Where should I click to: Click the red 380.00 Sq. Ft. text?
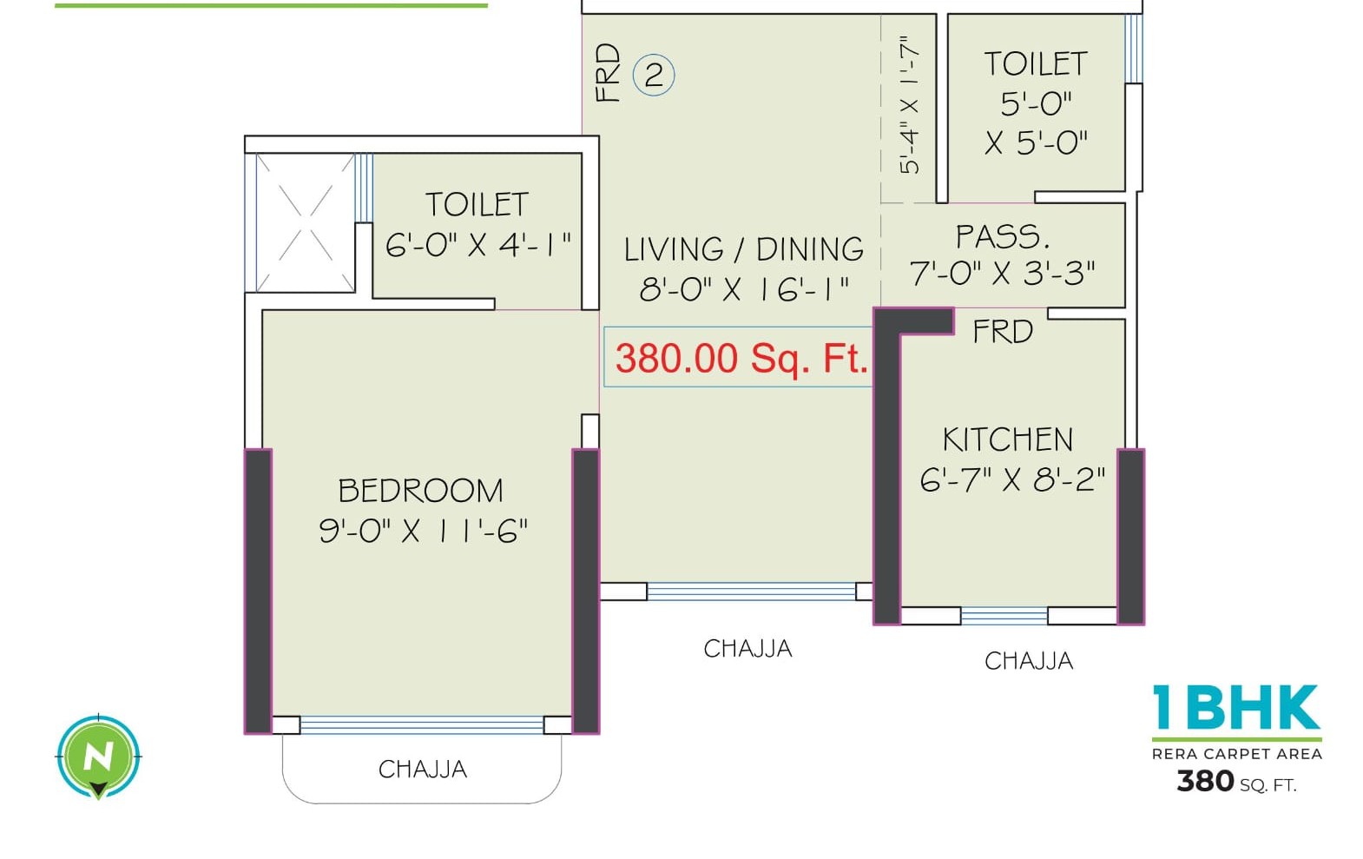point(741,358)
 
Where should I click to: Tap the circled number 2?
point(654,75)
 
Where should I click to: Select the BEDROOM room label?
point(420,491)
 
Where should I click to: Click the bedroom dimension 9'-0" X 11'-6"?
point(423,530)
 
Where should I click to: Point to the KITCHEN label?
point(1008,439)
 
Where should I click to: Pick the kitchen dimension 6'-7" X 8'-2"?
point(1012,479)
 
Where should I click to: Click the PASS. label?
point(1003,236)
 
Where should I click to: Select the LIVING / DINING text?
point(744,249)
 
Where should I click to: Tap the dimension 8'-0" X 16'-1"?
point(744,288)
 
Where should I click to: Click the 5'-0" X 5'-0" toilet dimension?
point(1036,122)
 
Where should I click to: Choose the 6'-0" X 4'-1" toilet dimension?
point(477,244)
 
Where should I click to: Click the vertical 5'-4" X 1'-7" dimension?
point(909,105)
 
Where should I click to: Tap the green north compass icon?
point(98,757)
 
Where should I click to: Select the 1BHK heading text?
point(1236,708)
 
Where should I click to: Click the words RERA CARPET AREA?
point(1236,754)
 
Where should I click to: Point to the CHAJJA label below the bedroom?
point(423,770)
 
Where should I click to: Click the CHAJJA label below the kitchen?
point(1029,661)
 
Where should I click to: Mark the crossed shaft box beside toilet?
point(305,222)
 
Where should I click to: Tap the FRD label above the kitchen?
point(1003,332)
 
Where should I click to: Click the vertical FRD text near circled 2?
point(609,74)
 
